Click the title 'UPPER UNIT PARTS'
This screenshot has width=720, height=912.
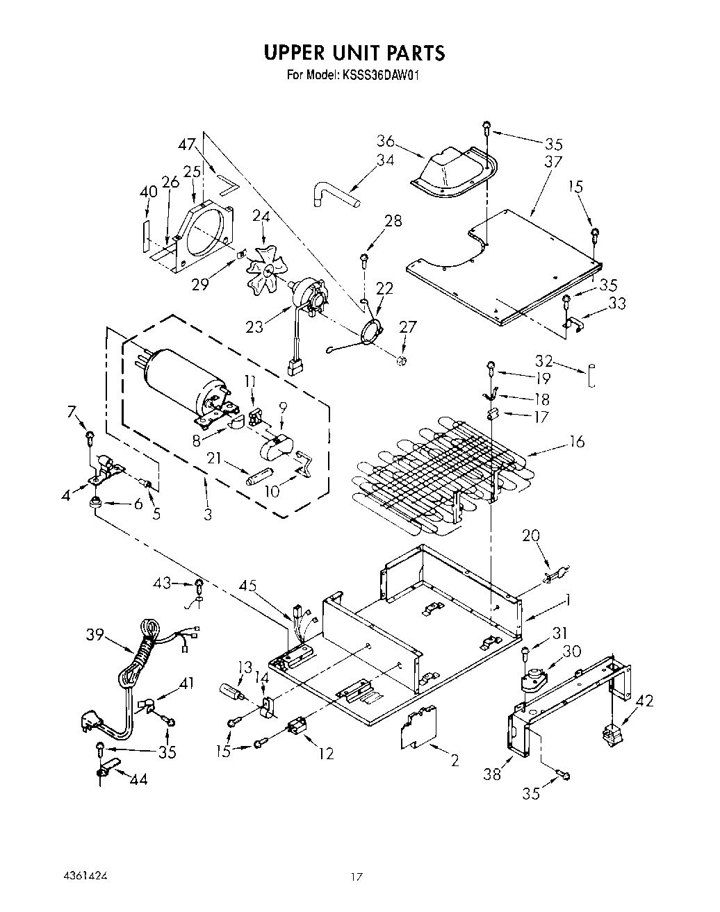point(353,53)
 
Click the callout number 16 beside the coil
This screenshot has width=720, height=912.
point(576,441)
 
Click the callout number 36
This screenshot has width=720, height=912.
point(386,141)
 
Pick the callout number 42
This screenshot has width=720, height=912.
point(644,701)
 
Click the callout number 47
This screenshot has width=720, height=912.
point(186,144)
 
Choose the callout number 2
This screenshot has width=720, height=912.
point(455,760)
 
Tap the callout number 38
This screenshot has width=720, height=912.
point(492,773)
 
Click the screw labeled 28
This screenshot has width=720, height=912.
point(363,260)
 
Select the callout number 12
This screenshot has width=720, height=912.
point(325,753)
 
